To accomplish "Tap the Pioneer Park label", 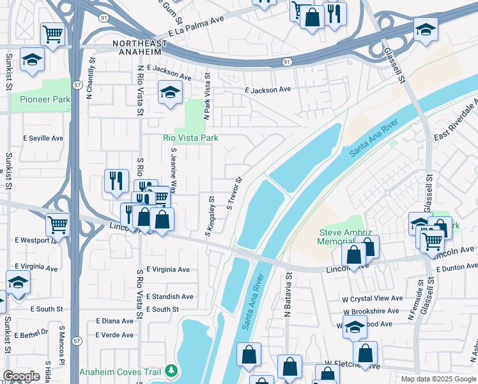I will coord(45,99).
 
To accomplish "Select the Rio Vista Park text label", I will coord(190,138).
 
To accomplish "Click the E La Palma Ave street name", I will coord(196,26).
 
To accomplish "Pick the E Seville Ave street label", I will coord(43,138).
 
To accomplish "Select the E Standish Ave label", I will coord(169,296).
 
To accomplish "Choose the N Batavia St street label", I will coord(288,292).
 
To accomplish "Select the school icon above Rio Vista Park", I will coord(170,93).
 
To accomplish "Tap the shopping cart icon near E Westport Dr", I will coord(58,225).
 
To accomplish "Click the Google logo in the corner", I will coord(21,376).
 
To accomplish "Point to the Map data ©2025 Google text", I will coord(438,379).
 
